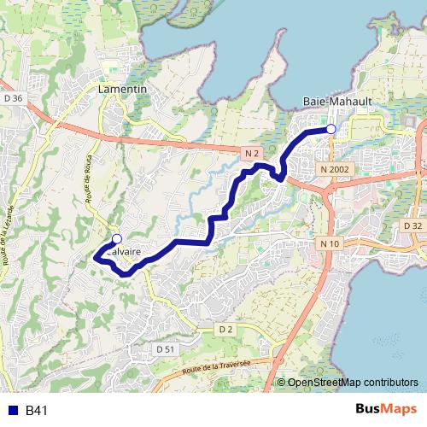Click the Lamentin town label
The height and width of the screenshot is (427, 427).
[123, 89]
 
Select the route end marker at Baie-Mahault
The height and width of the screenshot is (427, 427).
[330, 129]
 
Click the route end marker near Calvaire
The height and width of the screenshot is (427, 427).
[117, 239]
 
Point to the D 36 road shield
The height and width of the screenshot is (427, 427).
[13, 98]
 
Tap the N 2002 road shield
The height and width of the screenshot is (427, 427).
[336, 169]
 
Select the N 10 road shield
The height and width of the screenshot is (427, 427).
[331, 244]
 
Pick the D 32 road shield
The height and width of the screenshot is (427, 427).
[412, 225]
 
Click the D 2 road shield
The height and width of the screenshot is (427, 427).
[225, 329]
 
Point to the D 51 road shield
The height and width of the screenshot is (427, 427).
[166, 349]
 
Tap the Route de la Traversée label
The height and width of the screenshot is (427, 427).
[217, 367]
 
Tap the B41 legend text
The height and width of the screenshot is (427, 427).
[36, 411]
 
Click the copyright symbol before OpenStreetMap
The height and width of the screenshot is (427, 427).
[282, 383]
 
